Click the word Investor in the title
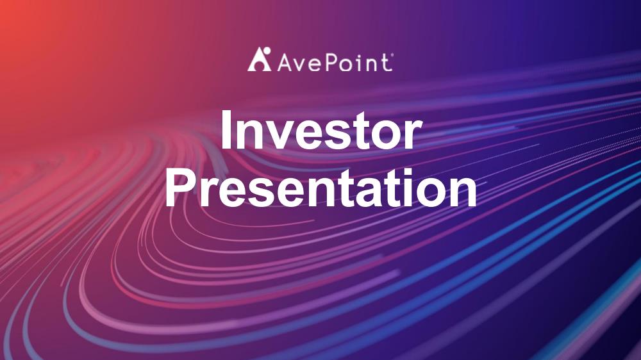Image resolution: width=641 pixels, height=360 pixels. pos(320,130)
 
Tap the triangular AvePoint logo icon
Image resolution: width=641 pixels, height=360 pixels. pos(259,59)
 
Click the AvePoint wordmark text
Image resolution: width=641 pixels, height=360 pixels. pos(335,62)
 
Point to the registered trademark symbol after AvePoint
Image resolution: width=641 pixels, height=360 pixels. pos(392,54)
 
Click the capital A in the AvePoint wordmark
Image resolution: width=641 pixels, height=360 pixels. pos(286,63)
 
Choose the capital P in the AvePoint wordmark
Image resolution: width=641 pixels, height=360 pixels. pos(330,63)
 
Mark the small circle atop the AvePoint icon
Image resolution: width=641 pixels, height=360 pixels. pos(267,51)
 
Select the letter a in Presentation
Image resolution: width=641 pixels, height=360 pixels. pos(358,193)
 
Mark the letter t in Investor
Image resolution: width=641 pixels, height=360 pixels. pos(359,131)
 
